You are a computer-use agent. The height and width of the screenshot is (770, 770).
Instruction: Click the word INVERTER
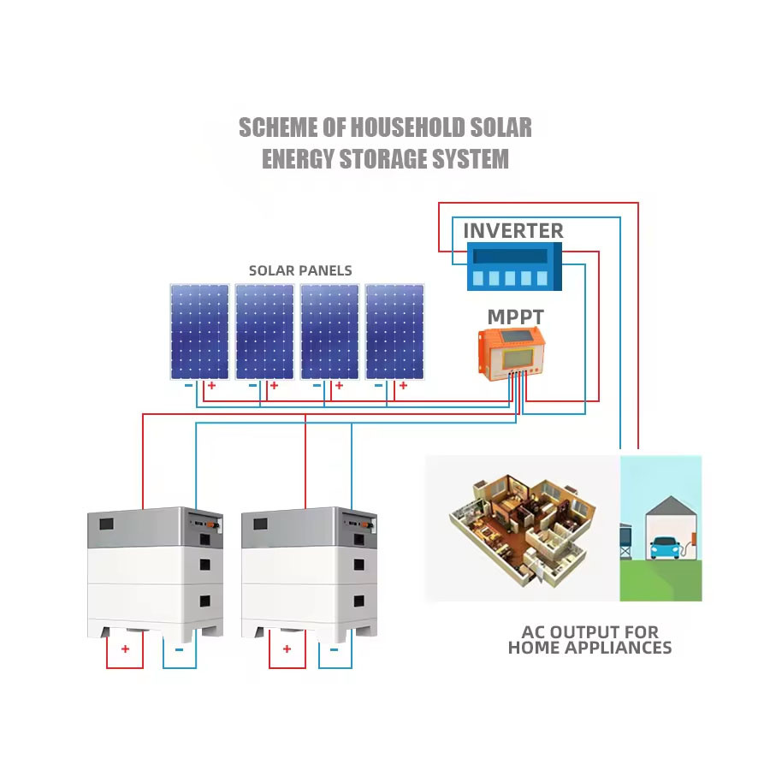(x=513, y=230)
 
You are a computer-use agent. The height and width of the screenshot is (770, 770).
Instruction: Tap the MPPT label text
(x=515, y=317)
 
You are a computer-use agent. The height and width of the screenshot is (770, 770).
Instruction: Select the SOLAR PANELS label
(x=300, y=270)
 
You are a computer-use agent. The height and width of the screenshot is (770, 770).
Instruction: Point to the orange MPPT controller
(x=511, y=352)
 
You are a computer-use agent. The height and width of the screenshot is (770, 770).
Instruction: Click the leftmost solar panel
(x=199, y=331)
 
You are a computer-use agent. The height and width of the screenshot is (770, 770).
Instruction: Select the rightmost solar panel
(x=394, y=331)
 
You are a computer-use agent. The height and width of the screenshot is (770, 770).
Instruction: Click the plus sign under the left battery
(x=125, y=649)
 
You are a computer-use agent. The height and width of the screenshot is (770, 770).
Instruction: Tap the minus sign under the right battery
(x=334, y=649)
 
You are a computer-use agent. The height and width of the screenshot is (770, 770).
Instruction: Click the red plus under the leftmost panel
(x=210, y=386)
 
